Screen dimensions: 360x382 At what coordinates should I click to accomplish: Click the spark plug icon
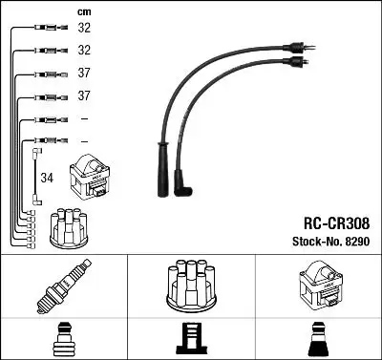pyautogui.click(x=64, y=287)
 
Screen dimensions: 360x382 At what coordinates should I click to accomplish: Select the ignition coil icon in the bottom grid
pyautogui.click(x=318, y=286)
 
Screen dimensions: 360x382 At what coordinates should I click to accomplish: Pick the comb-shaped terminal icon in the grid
pyautogui.click(x=191, y=339)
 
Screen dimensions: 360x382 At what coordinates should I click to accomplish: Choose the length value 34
pyautogui.click(x=48, y=177)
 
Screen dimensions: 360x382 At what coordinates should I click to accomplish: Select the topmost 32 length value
pyautogui.click(x=84, y=29)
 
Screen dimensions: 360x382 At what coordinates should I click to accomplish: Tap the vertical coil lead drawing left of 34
pyautogui.click(x=36, y=177)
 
